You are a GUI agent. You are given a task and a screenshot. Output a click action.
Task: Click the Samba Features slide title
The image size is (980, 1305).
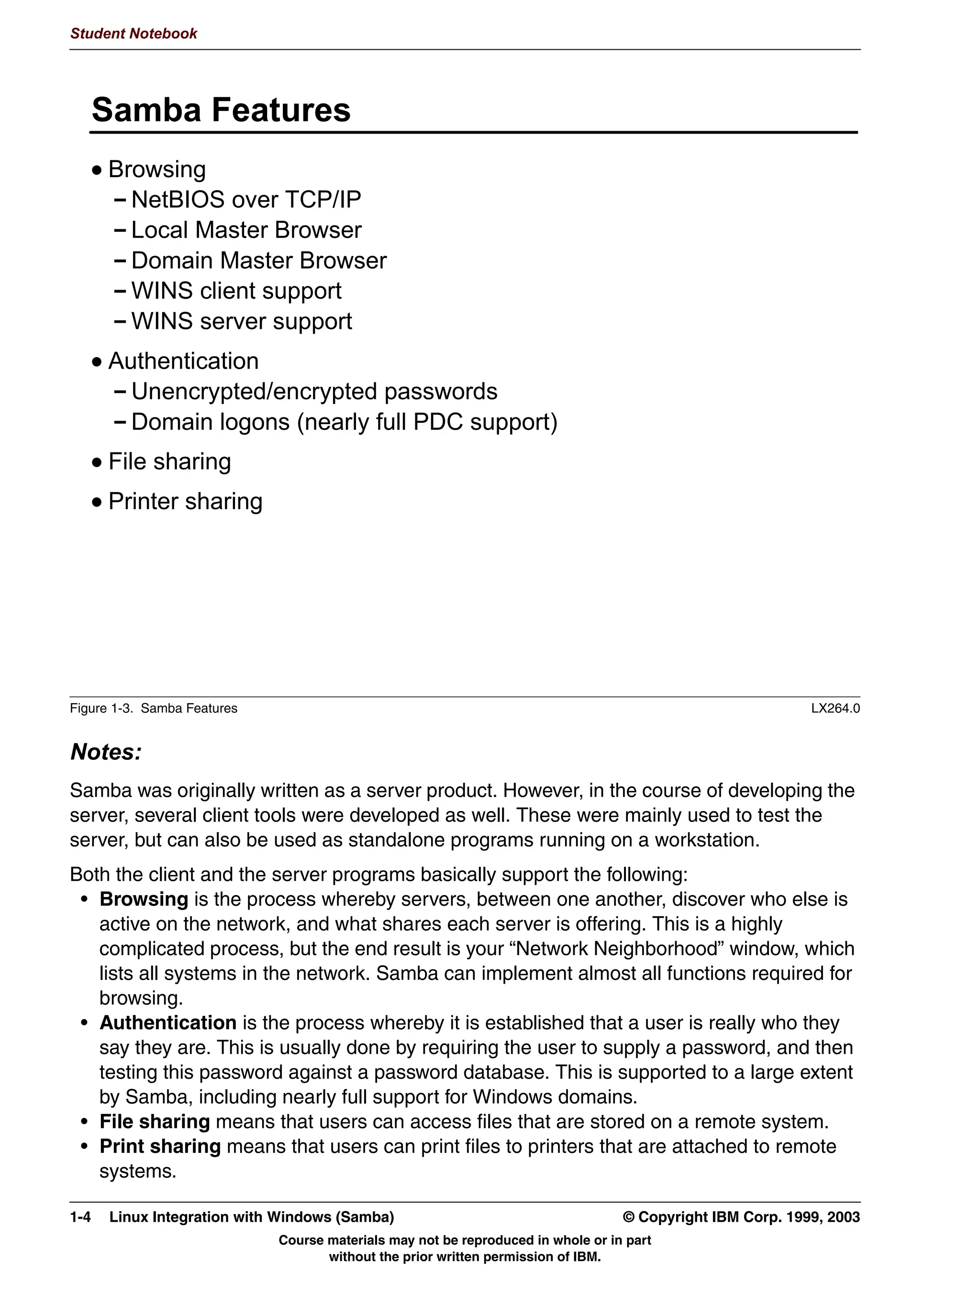point(221,110)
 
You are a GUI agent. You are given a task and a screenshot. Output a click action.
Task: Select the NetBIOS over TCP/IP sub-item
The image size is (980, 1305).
point(245,200)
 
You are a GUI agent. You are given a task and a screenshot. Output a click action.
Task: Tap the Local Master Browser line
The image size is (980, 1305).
point(246,230)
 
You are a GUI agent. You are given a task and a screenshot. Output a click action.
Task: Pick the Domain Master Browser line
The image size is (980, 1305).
point(258,261)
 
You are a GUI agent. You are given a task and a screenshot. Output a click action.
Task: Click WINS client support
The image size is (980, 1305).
point(236,291)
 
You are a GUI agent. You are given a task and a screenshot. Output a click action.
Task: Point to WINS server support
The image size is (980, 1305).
point(241,322)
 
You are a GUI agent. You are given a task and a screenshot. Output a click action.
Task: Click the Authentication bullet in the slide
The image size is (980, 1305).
point(183,361)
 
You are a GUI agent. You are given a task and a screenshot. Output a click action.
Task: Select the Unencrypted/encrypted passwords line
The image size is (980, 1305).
point(314,392)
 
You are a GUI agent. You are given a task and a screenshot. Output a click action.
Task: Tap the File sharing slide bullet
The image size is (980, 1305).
point(169,461)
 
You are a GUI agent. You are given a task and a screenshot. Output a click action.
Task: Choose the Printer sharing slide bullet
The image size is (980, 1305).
point(185,502)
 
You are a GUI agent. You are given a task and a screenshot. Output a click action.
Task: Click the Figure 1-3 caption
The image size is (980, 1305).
point(153,709)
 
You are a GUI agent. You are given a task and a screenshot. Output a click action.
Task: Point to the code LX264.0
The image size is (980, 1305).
point(835,709)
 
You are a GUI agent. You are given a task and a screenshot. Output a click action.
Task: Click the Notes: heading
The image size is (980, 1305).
point(106,752)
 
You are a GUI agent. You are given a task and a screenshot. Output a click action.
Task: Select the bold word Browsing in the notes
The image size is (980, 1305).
point(143,899)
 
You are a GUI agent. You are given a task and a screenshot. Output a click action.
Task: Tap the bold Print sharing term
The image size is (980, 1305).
point(160,1146)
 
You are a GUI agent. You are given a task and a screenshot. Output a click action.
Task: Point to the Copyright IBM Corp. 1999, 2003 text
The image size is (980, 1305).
point(741,1217)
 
